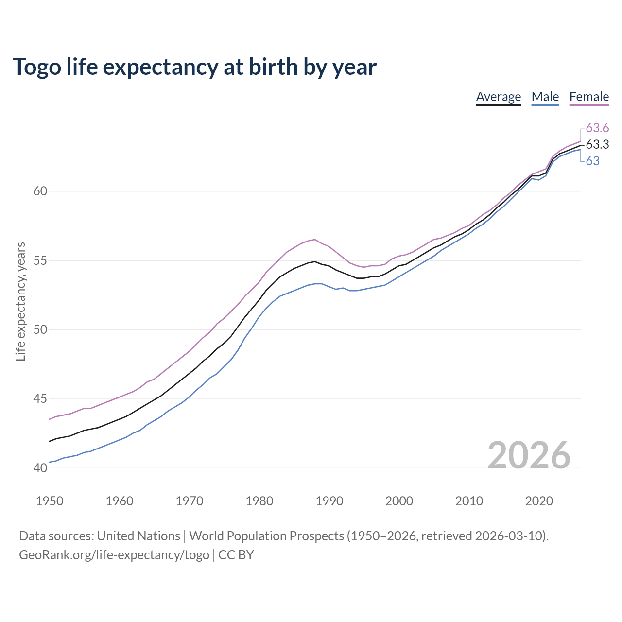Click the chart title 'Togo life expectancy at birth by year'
click(x=194, y=67)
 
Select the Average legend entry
click(x=498, y=97)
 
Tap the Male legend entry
click(x=545, y=97)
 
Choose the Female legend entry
click(x=589, y=97)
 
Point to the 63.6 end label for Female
click(x=597, y=128)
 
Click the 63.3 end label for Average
click(x=597, y=144)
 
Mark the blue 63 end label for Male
click(x=592, y=161)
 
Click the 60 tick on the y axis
click(x=40, y=191)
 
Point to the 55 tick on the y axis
click(x=40, y=260)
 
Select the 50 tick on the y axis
click(x=40, y=329)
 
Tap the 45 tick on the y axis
click(x=40, y=399)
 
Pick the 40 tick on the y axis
click(x=40, y=468)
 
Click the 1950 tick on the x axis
click(x=50, y=501)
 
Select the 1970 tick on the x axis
click(x=190, y=501)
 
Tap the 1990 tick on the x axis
click(x=329, y=501)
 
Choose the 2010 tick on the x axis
click(x=469, y=501)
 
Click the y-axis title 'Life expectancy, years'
click(x=20, y=302)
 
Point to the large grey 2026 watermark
click(x=529, y=455)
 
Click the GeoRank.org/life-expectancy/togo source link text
click(x=114, y=555)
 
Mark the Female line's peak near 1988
click(x=315, y=239)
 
